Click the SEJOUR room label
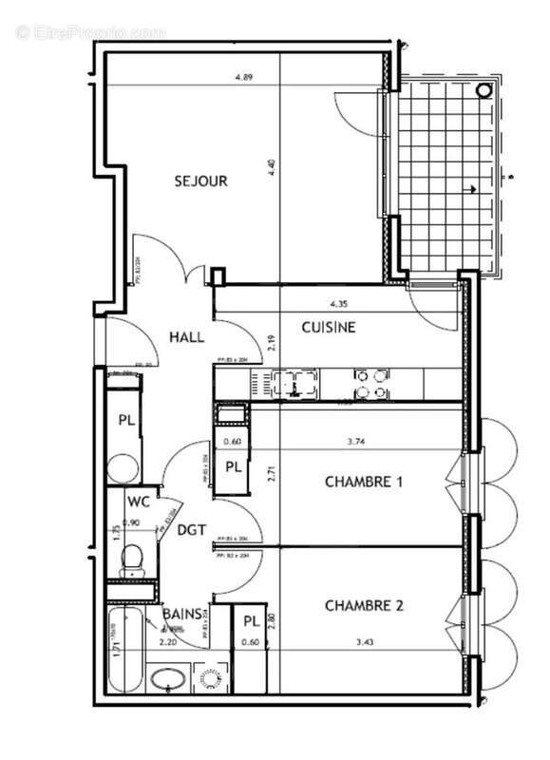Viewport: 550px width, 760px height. (200, 180)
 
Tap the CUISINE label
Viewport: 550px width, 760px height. (329, 328)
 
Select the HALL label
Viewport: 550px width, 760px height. (187, 336)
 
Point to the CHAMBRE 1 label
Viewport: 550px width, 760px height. (364, 483)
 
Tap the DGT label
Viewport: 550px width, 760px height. (193, 532)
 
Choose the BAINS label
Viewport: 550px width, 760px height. (181, 615)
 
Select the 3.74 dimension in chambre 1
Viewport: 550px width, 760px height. (358, 441)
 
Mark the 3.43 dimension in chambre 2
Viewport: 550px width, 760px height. (364, 643)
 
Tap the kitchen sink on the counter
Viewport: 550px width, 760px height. (295, 384)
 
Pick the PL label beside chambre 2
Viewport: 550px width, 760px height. (251, 621)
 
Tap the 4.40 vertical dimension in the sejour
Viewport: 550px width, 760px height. (274, 172)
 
